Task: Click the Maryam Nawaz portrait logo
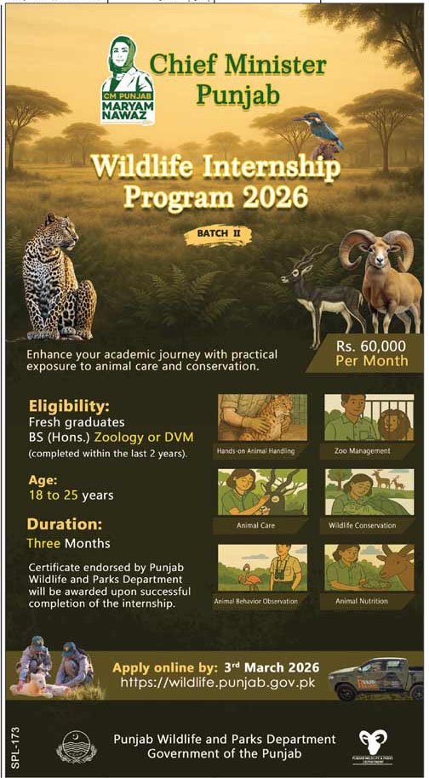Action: click(x=127, y=80)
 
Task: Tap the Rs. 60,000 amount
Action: click(x=370, y=346)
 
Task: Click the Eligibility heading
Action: click(x=68, y=405)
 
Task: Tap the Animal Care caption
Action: click(x=261, y=525)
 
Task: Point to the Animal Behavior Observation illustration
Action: click(x=261, y=568)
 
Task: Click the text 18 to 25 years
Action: click(x=71, y=495)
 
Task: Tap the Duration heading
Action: click(x=64, y=523)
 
